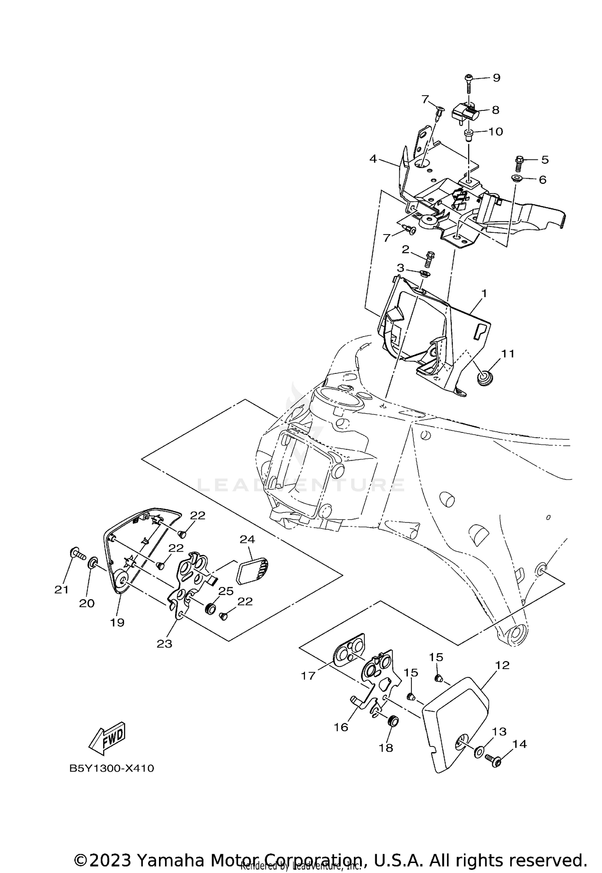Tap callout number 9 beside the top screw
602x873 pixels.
496,78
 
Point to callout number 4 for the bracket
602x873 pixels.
373,159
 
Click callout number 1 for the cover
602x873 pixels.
484,294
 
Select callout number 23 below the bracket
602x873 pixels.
164,644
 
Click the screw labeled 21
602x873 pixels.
77,555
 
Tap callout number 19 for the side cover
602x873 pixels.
118,622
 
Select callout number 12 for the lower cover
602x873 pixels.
502,665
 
